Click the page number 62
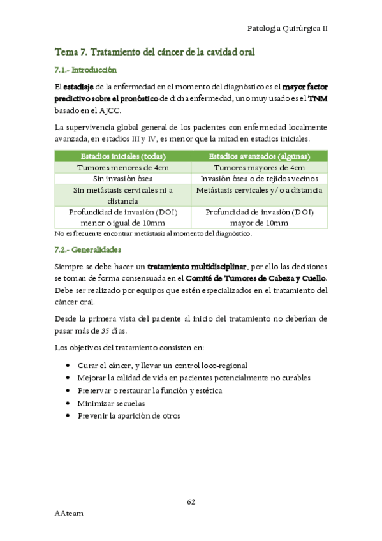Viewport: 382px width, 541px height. tap(191, 501)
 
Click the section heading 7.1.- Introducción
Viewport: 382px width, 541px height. tap(85, 70)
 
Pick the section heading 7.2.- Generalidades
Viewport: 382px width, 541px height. tap(87, 249)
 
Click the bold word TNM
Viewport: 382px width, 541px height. tap(318, 100)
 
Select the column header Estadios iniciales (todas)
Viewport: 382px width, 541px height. tap(123, 156)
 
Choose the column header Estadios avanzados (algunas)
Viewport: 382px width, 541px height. tap(260, 156)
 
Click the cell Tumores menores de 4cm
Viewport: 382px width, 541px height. tap(123, 168)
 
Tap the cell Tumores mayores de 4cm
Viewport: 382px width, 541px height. tap(260, 168)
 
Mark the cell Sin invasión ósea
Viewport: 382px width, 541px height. tap(123, 179)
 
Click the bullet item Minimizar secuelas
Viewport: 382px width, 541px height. tap(111, 403)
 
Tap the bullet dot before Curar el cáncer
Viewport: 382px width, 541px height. tap(68, 366)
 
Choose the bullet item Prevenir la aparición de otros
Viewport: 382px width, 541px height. tap(129, 416)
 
